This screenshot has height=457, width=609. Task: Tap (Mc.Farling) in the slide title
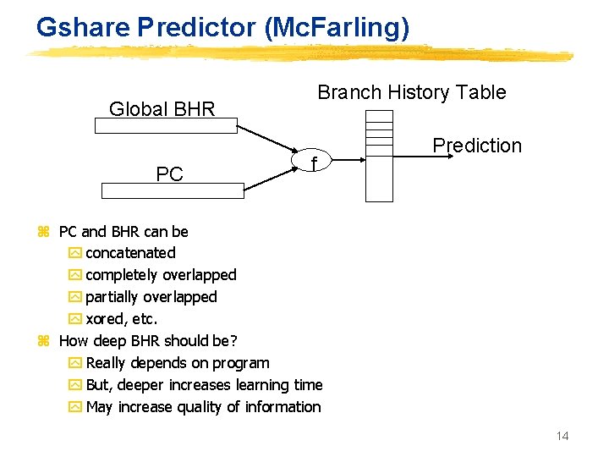pos(337,28)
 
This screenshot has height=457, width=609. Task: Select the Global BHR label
pos(162,108)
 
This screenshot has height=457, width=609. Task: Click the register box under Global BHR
pos(166,126)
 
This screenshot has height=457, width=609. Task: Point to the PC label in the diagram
pos(169,174)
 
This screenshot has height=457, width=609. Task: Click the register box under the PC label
pos(172,190)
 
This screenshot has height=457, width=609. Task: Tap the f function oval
pos(314,161)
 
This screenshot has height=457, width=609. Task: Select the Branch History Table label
pos(411,92)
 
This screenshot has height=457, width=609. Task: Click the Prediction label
pos(477,146)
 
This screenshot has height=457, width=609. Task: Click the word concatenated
pos(130,253)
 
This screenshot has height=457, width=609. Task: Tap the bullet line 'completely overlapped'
pos(161,275)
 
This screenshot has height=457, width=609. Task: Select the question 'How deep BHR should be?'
pos(148,341)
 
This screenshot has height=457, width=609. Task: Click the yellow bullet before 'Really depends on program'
pos(74,364)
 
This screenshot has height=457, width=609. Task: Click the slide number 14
pos(562,436)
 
